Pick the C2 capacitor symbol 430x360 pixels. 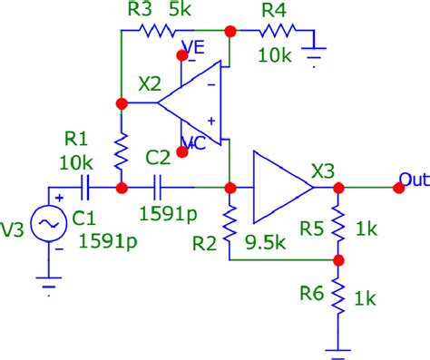pos(159,189)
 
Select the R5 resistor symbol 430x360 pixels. pos(337,223)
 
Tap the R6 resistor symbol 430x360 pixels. pos(337,296)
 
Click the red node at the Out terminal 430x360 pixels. pos(397,188)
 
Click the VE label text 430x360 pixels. pos(194,45)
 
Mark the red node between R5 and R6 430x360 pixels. pos(337,260)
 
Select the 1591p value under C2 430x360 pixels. pos(167,215)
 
